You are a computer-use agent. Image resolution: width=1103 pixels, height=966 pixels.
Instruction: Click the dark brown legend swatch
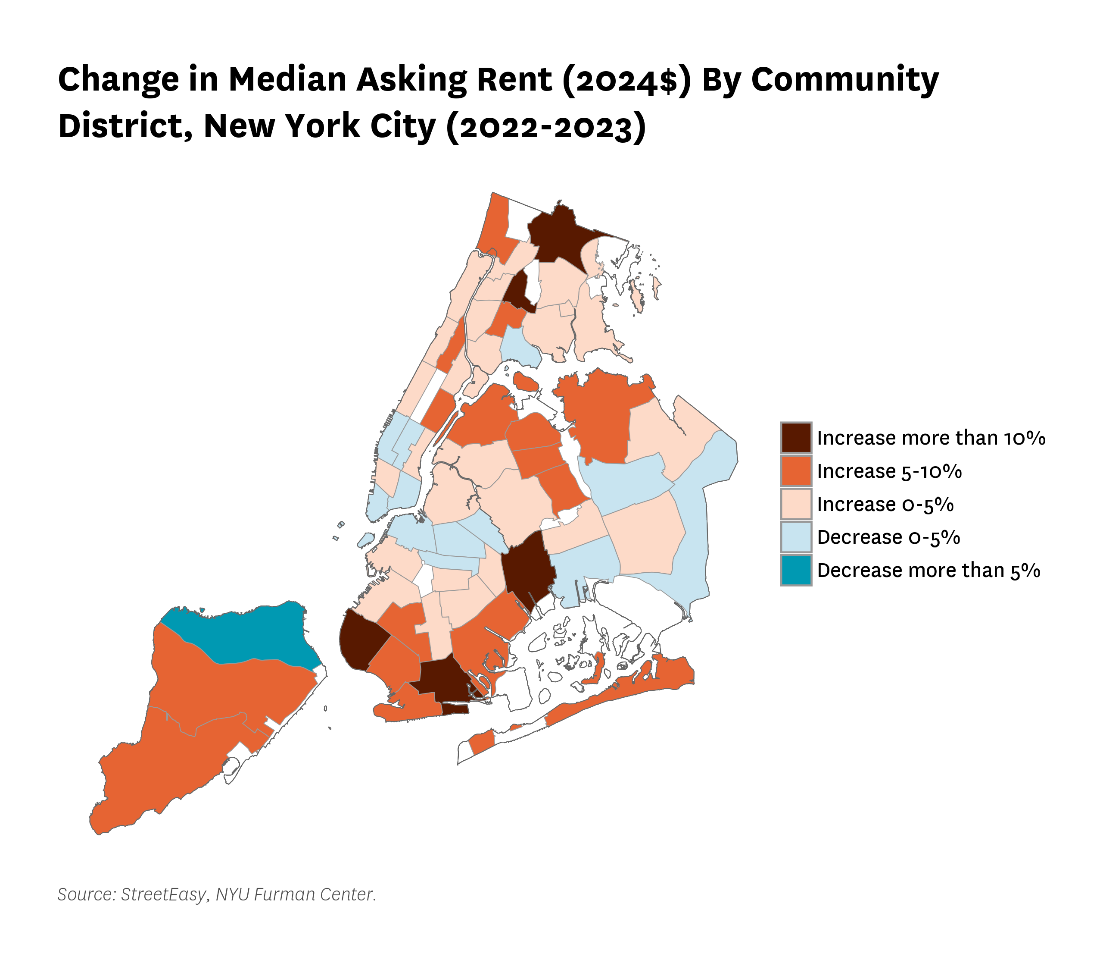796,438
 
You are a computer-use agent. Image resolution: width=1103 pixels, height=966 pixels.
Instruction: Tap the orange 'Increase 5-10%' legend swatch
796,470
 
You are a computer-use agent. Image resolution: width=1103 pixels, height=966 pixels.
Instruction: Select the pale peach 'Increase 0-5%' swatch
796,504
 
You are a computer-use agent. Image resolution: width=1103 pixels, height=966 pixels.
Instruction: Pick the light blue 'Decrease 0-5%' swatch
796,537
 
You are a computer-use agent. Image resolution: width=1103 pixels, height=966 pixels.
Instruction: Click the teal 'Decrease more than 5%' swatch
796,570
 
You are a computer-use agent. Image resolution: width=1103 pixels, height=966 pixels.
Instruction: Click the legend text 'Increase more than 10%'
931,438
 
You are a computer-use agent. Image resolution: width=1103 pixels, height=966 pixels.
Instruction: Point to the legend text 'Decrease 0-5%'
888,537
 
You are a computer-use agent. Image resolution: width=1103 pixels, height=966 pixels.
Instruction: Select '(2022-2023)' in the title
547,126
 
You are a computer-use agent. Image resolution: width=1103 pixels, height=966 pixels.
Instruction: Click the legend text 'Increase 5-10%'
889,471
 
